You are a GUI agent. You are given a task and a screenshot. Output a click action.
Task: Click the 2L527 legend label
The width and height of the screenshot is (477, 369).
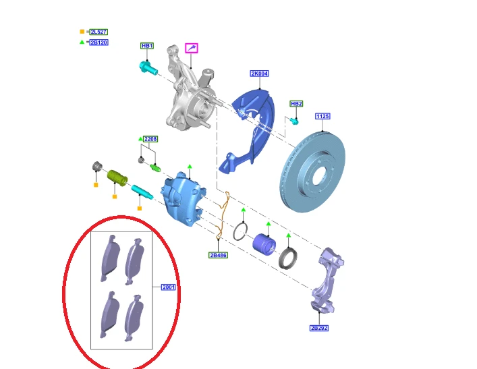[99, 32]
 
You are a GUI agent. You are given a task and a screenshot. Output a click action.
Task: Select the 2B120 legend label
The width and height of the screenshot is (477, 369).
[99, 42]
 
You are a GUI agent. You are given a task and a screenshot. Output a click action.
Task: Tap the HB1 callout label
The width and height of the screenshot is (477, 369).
[147, 46]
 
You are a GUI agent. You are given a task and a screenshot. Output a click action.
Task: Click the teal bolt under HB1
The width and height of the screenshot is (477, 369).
[148, 68]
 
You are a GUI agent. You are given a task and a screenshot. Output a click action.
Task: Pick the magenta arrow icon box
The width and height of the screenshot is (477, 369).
[192, 48]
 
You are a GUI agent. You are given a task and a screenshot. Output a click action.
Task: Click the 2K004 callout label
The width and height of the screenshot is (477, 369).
[260, 74]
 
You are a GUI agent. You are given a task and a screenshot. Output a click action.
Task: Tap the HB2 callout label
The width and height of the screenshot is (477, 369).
[296, 104]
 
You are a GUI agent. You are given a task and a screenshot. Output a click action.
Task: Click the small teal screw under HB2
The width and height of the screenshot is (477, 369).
[294, 121]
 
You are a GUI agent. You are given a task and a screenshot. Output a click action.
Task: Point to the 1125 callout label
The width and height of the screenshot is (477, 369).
[322, 116]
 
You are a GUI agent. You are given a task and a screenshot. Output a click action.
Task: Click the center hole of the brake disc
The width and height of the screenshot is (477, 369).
[318, 176]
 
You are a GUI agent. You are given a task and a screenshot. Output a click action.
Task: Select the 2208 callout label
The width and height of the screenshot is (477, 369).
[150, 139]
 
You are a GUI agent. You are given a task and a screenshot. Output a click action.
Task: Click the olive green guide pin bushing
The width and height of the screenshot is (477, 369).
[117, 178]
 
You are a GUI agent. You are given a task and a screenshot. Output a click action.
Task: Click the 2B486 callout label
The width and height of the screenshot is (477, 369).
[218, 255]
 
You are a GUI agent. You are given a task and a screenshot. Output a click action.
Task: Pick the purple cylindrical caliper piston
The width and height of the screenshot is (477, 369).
[264, 245]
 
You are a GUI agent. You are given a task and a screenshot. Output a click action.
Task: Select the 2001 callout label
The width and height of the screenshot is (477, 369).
[168, 287]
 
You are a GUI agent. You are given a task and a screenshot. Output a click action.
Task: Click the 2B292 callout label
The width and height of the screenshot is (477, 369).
[319, 328]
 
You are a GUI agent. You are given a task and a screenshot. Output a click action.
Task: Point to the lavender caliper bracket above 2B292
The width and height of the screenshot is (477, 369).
[327, 280]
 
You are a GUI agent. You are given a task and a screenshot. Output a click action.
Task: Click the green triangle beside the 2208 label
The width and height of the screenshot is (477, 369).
[140, 139]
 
